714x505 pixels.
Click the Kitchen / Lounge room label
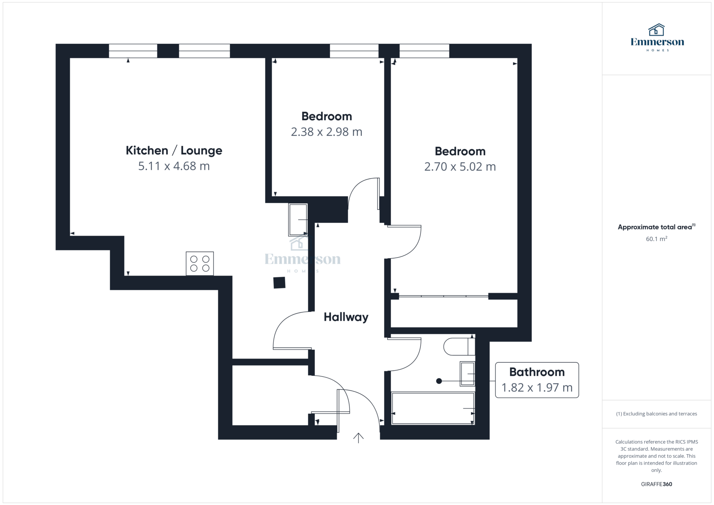174,151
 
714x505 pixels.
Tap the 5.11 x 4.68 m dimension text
174,166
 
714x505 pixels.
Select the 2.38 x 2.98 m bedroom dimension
327,132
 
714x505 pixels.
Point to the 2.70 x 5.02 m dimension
460,167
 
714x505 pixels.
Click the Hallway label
346,317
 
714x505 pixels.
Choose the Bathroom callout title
537,372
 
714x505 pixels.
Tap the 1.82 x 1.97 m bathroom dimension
537,388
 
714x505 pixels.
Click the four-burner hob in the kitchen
200,263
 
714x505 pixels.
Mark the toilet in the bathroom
459,346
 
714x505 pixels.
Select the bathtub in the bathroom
433,408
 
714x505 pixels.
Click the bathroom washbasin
468,374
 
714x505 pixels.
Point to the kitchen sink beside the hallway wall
298,220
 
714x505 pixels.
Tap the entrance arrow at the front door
358,438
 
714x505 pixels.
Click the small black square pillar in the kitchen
279,283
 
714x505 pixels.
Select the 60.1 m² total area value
656,239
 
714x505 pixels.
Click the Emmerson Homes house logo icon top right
656,30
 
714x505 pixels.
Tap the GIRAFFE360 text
656,484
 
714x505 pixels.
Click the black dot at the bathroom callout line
439,381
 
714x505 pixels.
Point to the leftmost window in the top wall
133,51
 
